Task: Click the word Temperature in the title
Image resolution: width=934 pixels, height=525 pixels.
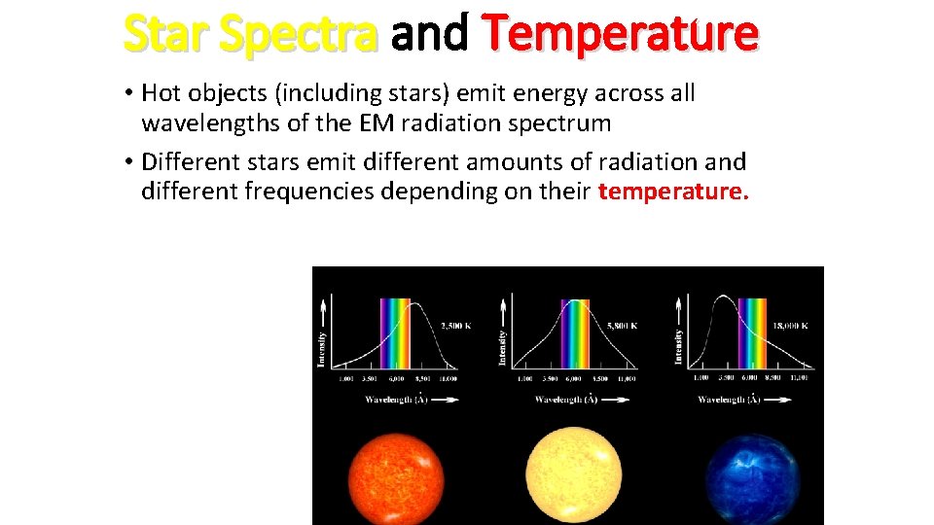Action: [621, 34]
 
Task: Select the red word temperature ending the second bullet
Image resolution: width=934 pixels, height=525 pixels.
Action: [673, 192]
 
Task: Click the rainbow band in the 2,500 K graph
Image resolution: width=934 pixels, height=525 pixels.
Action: [395, 332]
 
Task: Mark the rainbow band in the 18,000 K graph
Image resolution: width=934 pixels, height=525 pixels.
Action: [752, 332]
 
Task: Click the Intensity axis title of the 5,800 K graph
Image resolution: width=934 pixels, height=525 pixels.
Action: [502, 348]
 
